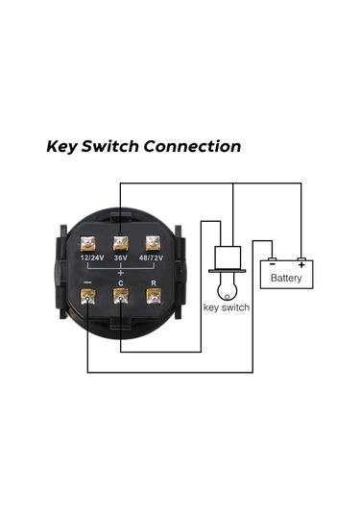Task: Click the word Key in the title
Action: (64, 147)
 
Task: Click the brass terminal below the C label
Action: (121, 296)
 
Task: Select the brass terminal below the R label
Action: (151, 296)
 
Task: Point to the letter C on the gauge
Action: (121, 282)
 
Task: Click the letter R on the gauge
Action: (151, 282)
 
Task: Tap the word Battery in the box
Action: (287, 279)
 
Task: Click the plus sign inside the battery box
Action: (301, 263)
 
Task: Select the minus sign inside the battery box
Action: (273, 263)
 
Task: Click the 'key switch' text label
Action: (228, 307)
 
